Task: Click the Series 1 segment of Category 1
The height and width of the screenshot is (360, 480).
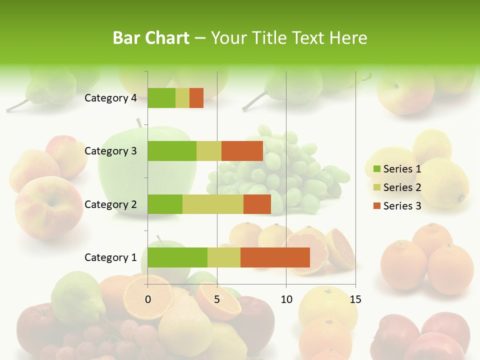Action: [177, 257]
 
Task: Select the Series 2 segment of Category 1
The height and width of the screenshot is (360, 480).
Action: [224, 257]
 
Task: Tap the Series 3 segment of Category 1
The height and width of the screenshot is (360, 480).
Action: [275, 257]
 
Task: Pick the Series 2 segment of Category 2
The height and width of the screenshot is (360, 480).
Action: [213, 204]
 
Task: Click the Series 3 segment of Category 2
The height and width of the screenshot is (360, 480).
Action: [257, 204]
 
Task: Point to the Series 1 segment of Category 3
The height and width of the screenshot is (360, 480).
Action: [172, 151]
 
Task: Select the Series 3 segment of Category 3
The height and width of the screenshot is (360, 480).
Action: [242, 151]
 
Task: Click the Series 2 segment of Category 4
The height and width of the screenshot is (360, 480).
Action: [182, 98]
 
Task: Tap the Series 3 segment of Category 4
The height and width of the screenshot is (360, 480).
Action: [196, 98]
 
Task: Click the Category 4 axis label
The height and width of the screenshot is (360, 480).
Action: [110, 98]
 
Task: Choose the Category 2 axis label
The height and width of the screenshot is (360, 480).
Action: [110, 204]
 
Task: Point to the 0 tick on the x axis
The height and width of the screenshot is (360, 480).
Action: [148, 299]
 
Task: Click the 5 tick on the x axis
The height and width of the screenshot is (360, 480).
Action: [217, 299]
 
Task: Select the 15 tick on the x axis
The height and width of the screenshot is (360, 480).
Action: [355, 299]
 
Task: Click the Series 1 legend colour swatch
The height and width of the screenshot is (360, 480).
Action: [376, 169]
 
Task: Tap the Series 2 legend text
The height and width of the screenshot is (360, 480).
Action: [402, 187]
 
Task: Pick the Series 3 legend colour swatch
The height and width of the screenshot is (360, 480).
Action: [376, 206]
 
